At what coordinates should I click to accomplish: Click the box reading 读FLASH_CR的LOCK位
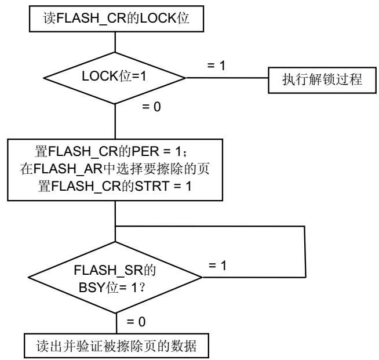point(116,20)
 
